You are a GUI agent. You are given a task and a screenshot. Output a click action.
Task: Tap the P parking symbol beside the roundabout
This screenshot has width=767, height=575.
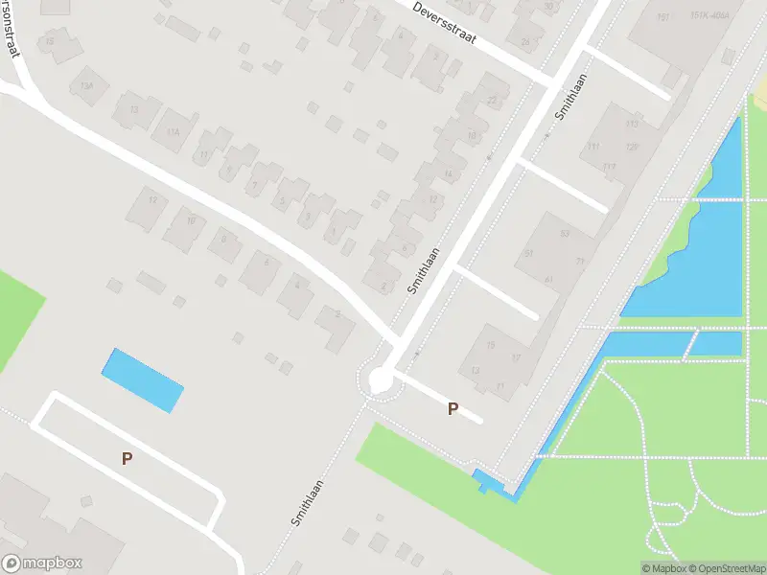(x=453, y=409)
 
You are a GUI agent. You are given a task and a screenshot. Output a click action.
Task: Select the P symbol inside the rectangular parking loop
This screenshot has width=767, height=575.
(x=127, y=459)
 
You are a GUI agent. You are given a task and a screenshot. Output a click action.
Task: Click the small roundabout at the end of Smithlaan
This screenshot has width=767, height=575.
(x=381, y=380)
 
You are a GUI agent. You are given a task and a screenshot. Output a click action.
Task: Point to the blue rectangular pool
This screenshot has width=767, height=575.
(x=142, y=379)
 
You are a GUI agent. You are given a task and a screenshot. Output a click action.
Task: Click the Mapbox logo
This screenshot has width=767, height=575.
(x=42, y=563)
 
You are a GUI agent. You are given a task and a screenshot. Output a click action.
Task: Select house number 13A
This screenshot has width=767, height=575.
(x=87, y=86)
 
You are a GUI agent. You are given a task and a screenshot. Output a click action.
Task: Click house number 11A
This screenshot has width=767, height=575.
(x=173, y=132)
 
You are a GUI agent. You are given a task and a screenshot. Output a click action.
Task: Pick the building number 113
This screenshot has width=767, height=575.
(x=632, y=126)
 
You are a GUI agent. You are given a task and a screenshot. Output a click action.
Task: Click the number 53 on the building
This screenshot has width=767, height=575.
(x=565, y=234)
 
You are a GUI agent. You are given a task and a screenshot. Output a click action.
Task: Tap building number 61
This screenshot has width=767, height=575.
(x=549, y=279)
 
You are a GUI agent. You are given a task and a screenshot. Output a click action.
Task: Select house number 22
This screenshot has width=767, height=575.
(x=493, y=101)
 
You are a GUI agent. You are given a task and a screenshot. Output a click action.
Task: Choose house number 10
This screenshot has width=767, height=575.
(x=191, y=221)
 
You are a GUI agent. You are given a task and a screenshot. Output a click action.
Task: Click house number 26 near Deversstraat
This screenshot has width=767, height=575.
(x=524, y=42)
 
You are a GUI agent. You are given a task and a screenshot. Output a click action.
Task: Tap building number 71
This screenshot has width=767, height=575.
(x=579, y=261)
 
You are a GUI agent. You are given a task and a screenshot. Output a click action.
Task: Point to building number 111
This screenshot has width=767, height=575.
(x=593, y=147)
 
